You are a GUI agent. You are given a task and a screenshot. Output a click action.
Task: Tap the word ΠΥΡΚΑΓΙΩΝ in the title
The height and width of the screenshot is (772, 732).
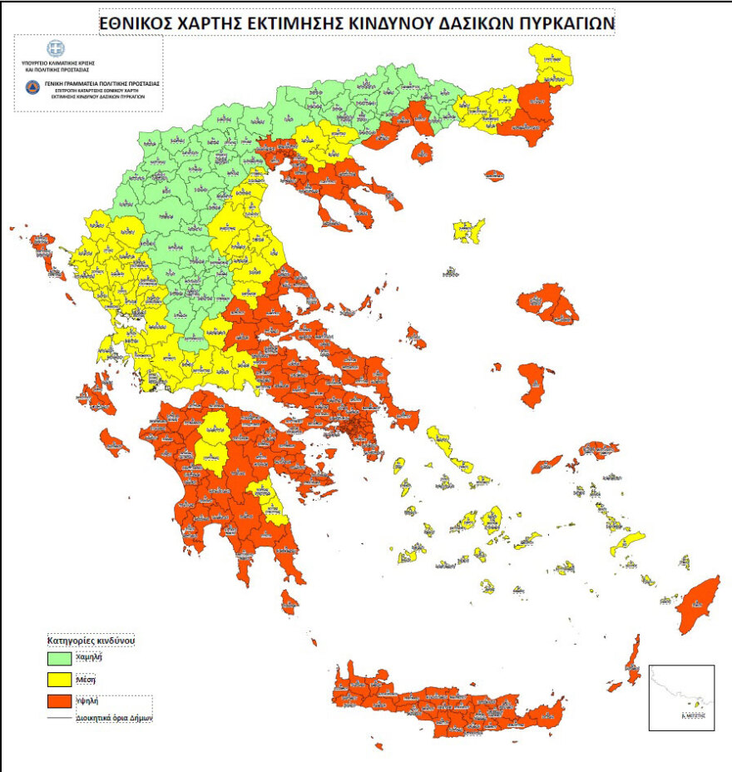click(562, 24)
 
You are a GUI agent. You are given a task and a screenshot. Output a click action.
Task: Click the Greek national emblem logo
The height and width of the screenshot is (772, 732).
click(57, 48)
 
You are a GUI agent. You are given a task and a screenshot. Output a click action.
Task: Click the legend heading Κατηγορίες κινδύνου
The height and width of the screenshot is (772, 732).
click(90, 641)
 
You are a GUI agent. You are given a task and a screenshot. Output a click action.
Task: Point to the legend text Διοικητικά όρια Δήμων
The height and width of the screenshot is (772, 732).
click(114, 717)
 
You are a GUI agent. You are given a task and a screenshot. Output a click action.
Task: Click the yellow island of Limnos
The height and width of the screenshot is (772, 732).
click(469, 231)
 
